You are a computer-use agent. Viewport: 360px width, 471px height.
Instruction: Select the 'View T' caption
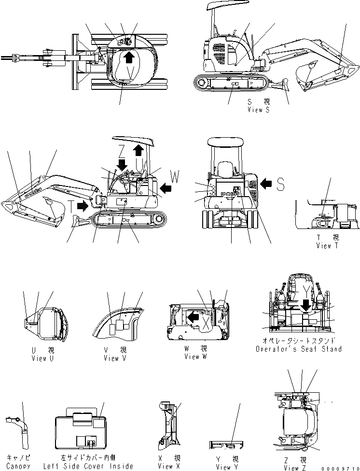click(327, 245)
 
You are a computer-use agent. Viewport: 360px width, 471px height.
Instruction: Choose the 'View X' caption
click(166, 466)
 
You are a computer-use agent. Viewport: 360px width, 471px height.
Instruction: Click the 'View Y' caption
click(223, 467)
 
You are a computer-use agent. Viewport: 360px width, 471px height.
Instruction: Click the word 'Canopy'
click(18, 466)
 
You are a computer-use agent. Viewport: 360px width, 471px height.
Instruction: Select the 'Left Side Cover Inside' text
click(88, 466)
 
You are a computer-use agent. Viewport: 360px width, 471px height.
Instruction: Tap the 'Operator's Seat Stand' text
click(298, 349)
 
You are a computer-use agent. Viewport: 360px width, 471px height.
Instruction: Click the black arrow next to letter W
click(165, 186)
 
